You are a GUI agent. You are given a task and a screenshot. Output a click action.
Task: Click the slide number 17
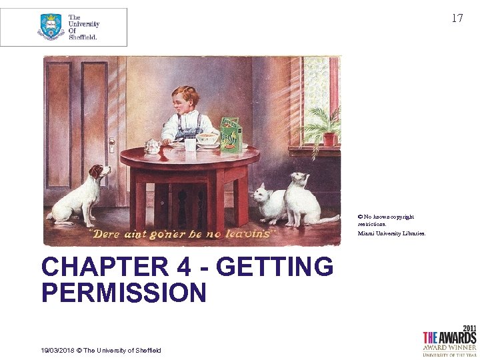pos(457,18)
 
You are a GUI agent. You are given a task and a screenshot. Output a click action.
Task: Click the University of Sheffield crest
pos(51,27)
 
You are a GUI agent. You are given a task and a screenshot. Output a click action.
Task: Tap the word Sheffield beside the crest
pos(83,37)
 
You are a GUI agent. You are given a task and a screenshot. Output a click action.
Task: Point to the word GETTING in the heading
pos(275,267)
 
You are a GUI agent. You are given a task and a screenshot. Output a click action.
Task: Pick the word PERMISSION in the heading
pos(124,293)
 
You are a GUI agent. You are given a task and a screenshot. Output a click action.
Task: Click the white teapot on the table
pos(153,146)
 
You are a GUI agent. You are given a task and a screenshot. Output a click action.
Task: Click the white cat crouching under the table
pos(269,203)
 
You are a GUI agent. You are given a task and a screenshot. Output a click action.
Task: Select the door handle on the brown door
pos(111,144)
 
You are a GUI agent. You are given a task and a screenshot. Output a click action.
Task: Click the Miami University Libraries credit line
pos(391,233)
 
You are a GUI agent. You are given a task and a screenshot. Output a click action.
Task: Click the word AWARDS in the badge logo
pos(457,337)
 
